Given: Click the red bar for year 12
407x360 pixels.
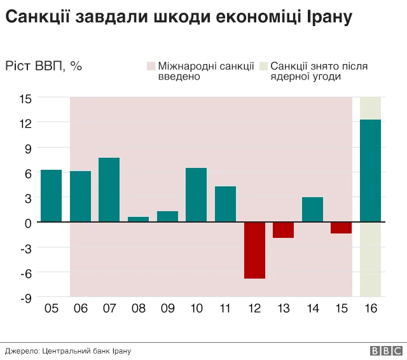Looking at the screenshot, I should click(x=254, y=251).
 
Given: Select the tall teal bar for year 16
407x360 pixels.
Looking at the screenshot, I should click(x=371, y=170).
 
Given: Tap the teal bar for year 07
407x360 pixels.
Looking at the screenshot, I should click(x=109, y=190).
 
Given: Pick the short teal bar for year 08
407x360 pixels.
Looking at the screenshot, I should click(x=139, y=219).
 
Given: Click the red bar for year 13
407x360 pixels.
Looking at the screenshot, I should click(x=284, y=230).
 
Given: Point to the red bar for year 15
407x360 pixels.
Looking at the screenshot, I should click(x=341, y=228).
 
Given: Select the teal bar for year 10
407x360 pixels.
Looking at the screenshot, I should click(x=197, y=195).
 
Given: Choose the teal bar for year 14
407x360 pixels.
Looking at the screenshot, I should click(x=312, y=209).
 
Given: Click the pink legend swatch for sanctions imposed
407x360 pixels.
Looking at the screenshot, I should click(x=151, y=66).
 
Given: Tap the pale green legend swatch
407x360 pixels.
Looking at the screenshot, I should click(x=264, y=66).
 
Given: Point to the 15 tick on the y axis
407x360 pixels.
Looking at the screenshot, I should click(x=25, y=98).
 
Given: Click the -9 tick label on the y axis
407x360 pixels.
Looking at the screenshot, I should click(x=26, y=297).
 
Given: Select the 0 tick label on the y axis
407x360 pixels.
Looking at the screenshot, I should click(x=29, y=223).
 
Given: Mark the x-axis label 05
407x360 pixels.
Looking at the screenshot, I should click(x=51, y=309).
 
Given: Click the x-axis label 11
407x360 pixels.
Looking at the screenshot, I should click(x=225, y=309).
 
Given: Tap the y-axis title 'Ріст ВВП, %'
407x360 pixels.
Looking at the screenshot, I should click(x=44, y=66).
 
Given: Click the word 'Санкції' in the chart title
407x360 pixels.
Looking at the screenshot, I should click(x=38, y=17).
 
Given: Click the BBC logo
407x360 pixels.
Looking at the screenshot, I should click(x=385, y=350).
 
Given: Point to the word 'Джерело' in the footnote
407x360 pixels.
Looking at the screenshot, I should click(x=21, y=350).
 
